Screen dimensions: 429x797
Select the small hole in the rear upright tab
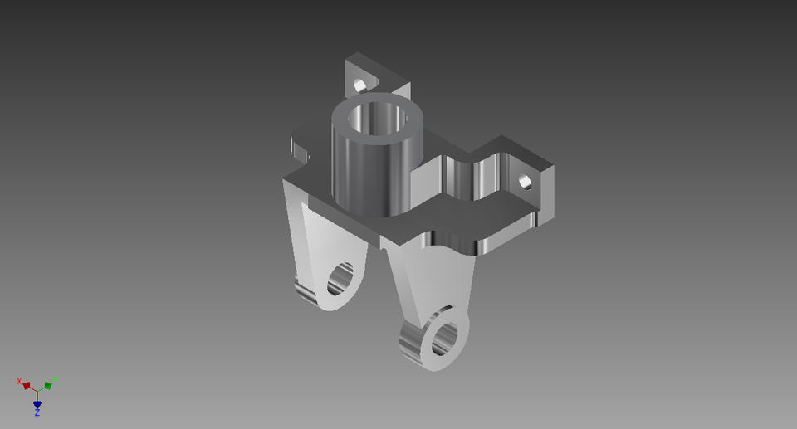click(x=359, y=85)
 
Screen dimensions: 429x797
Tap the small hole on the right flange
click(x=525, y=181)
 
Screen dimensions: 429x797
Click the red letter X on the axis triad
click(x=19, y=381)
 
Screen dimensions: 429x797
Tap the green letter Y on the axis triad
click(x=55, y=381)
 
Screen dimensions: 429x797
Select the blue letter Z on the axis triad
click(x=37, y=412)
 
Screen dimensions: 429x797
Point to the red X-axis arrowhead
click(x=27, y=386)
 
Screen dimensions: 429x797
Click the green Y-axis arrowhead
click(x=48, y=386)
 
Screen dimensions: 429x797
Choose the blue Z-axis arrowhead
click(x=37, y=403)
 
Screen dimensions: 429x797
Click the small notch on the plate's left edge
click(x=300, y=151)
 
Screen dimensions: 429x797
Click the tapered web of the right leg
click(x=432, y=282)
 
